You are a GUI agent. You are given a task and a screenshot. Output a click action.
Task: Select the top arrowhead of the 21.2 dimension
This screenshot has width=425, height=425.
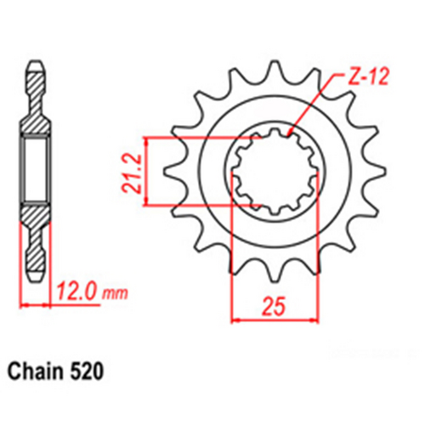coord(148,139)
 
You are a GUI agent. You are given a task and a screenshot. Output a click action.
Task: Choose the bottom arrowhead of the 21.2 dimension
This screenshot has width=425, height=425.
coord(148,201)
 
